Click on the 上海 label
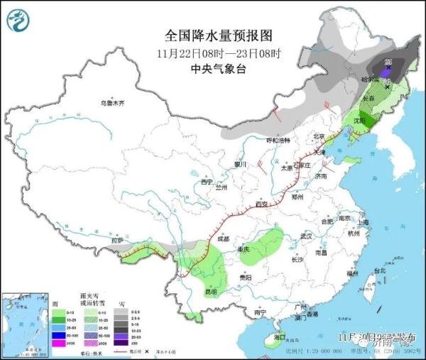point(364,222)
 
